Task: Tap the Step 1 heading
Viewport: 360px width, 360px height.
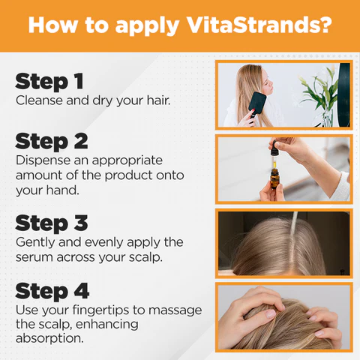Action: (x=49, y=81)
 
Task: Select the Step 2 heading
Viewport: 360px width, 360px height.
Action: (x=52, y=141)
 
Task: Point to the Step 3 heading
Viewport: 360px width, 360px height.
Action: (x=52, y=223)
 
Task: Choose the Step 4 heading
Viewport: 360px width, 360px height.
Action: (x=52, y=290)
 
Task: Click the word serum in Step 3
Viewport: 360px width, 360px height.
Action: (x=34, y=256)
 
